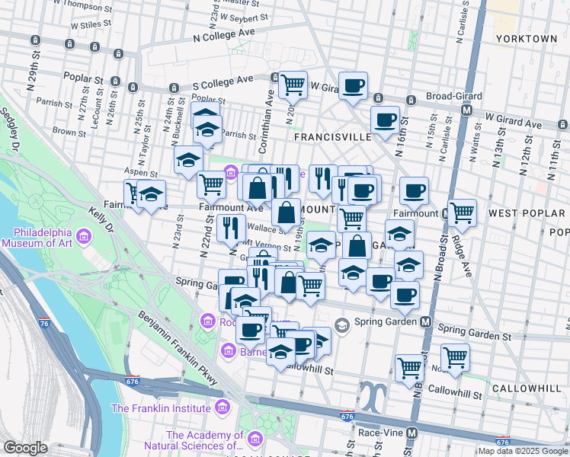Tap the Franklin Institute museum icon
click(x=222, y=407)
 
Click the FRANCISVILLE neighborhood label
click(x=333, y=137)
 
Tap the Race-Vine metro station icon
click(x=412, y=433)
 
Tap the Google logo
click(x=25, y=447)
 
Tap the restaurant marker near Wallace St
click(x=229, y=226)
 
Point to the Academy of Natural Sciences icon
click(x=255, y=439)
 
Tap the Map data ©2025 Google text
click(x=523, y=451)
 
